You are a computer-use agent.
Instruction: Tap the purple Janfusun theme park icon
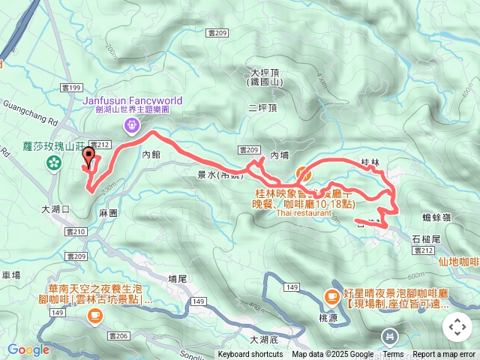click(x=133, y=124)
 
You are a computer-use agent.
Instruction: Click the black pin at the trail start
click(x=90, y=158)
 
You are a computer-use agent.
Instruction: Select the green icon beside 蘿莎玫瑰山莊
click(x=54, y=162)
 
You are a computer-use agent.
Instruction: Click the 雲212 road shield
click(x=99, y=144)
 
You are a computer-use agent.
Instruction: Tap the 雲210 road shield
click(x=74, y=232)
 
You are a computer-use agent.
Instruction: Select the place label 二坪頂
click(x=262, y=107)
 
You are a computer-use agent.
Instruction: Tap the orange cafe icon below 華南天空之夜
click(x=94, y=316)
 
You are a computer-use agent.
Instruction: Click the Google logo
click(x=28, y=349)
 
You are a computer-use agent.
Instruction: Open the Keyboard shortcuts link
click(x=251, y=355)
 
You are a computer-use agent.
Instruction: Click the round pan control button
click(x=457, y=327)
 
